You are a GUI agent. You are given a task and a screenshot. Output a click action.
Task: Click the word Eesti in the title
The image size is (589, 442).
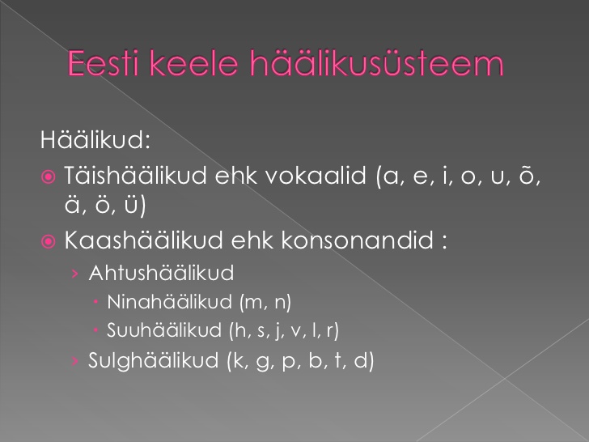coord(104,63)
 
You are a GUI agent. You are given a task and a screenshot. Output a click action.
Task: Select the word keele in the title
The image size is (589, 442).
coord(194,63)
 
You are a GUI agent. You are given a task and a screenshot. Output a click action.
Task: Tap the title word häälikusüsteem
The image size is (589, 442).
coord(377,63)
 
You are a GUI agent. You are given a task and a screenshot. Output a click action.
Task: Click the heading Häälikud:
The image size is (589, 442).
coord(95,139)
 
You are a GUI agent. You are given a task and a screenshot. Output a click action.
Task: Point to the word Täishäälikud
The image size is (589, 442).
coord(136,175)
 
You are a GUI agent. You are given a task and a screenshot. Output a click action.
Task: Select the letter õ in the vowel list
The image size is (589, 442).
coord(527,176)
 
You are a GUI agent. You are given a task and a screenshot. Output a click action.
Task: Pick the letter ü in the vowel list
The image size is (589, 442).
coord(131,206)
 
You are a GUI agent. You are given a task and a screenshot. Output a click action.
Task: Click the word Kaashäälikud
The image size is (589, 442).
coord(144,240)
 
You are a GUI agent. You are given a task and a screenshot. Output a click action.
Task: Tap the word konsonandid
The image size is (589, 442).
coord(357,240)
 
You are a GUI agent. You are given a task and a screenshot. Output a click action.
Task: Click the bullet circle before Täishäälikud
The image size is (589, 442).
coord(48,176)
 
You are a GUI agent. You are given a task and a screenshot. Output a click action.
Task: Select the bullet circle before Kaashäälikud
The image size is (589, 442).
coord(48,241)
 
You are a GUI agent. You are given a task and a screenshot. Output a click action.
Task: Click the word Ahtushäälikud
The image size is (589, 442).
coord(161,273)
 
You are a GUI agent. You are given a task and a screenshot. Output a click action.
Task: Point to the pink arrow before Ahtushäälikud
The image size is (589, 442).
coord(75,274)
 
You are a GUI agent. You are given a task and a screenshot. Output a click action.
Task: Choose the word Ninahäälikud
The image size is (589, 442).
coord(169,302)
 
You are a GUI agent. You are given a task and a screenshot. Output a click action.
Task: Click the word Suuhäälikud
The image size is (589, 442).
coord(164,330)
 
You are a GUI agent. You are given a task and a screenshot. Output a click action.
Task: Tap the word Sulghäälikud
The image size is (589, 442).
coord(153,360)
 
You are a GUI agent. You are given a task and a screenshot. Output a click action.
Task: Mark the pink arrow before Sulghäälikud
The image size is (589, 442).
coord(75,361)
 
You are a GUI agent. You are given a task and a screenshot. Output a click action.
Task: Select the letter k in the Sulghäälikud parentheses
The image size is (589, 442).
coord(238,360)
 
